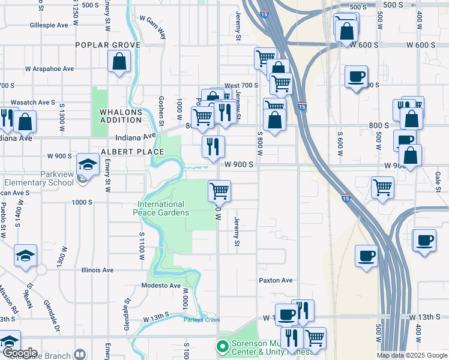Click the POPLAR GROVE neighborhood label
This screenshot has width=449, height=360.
pos(107,45)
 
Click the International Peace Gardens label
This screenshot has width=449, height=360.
pos(163,208)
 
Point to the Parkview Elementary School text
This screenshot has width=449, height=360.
pos(38,182)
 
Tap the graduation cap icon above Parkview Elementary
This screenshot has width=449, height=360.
pos(88,164)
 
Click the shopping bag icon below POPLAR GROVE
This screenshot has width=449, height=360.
pos(119,61)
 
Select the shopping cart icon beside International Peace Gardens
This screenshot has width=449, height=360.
pos(220,191)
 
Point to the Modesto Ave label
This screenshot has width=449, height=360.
pos(161,286)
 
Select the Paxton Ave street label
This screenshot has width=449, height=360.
pos(276,280)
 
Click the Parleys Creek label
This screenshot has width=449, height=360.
pos(197,320)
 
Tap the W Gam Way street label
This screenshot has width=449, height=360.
pos(153,27)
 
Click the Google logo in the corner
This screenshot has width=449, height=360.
pos(20,353)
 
